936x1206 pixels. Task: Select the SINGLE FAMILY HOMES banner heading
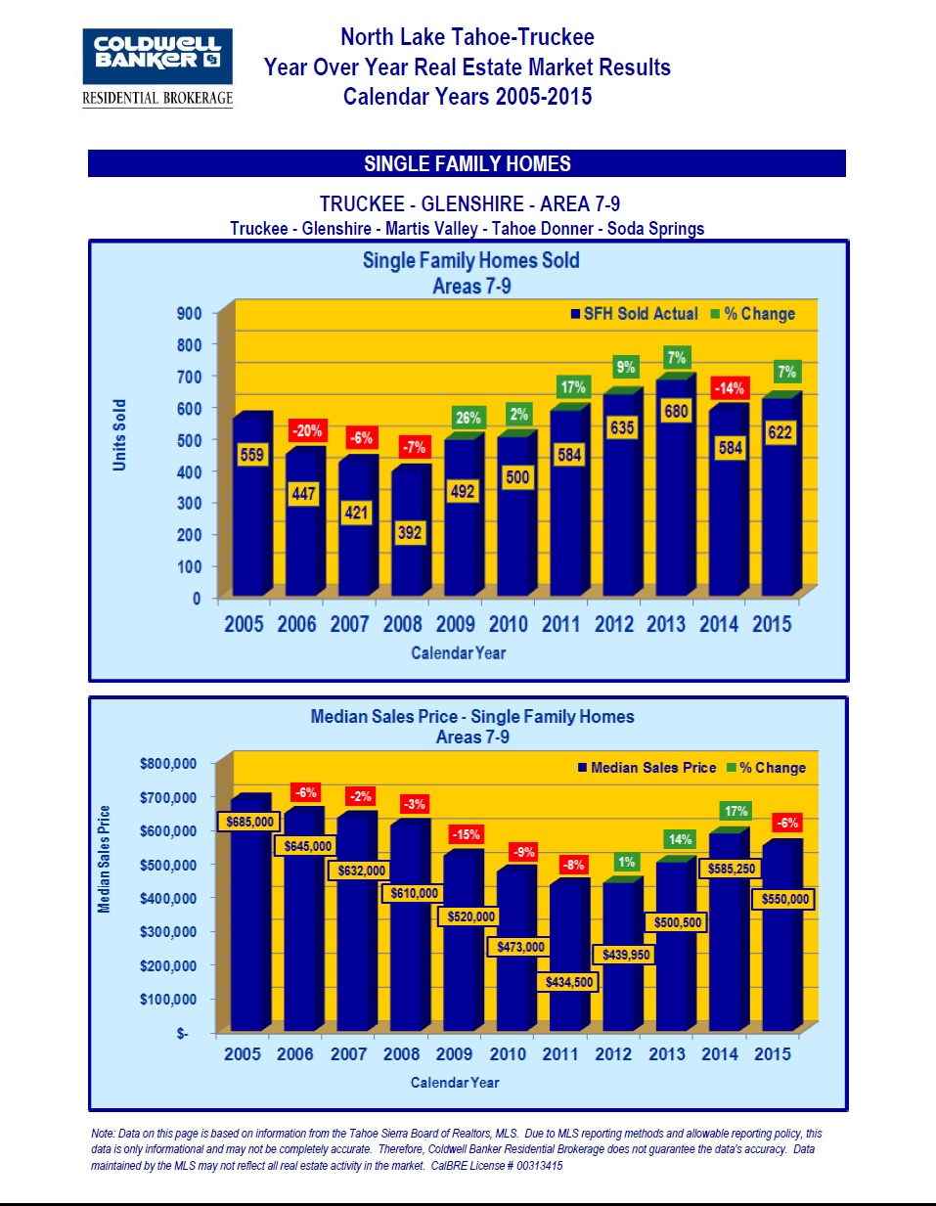click(467, 164)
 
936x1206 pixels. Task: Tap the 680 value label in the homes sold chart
click(676, 412)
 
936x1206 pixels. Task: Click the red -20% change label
click(307, 430)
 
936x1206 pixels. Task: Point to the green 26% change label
click(468, 418)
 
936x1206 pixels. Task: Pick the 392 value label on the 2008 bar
click(410, 533)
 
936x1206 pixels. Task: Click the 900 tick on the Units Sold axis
click(190, 314)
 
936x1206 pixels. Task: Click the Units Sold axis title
click(119, 435)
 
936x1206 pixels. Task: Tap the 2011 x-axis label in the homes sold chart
click(560, 624)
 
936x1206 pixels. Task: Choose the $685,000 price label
click(249, 822)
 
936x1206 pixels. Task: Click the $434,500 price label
click(568, 982)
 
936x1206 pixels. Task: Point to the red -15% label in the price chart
click(466, 834)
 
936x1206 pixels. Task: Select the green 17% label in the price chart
click(735, 811)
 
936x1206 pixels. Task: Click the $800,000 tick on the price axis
click(167, 764)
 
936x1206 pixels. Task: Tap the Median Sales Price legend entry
click(646, 768)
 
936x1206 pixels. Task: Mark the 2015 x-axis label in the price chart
click(772, 1054)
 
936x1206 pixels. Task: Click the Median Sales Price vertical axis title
click(105, 859)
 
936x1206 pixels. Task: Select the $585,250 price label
click(732, 869)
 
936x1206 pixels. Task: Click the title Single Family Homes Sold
click(470, 261)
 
